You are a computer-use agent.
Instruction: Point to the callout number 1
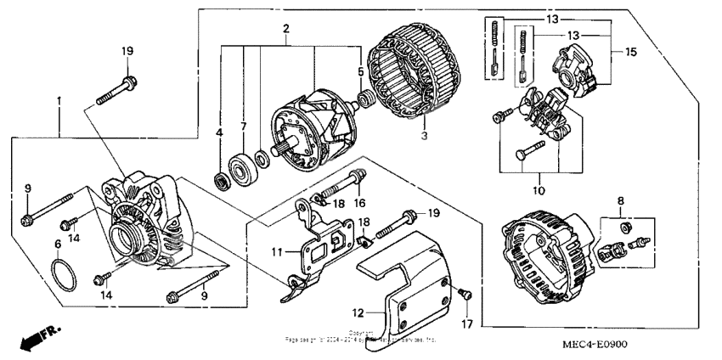pos(58,102)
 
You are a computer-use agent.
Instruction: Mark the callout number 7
pos(243,127)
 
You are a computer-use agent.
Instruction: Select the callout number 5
pos(360,71)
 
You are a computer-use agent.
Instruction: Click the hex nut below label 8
pos(625,227)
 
